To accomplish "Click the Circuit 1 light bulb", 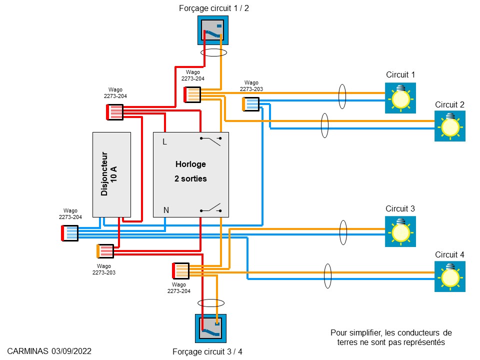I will (400, 97).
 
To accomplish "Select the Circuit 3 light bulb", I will (400, 231).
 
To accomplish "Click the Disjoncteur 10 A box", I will (111, 174).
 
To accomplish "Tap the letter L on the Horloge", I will (164, 142).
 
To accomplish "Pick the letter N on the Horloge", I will (165, 210).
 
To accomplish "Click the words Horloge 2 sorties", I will (190, 171).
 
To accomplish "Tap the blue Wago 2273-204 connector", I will (69, 233).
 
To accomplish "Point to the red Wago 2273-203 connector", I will (105, 251).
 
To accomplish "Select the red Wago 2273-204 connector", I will (115, 112).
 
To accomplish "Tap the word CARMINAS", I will (28, 351).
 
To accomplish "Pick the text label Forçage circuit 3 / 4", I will (207, 351).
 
